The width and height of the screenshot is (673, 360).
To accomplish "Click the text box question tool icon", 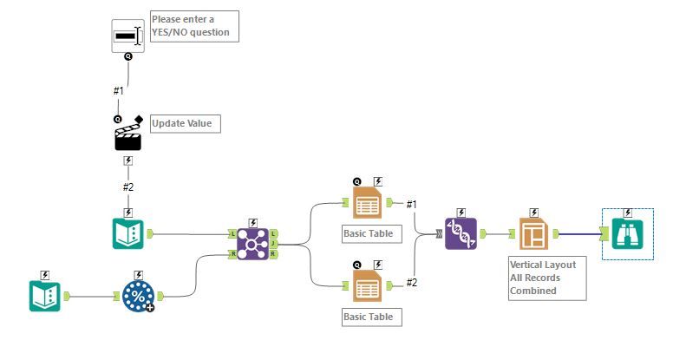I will (x=127, y=36).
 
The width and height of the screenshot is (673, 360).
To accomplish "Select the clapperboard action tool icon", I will (x=128, y=134).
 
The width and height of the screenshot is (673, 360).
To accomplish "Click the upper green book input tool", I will (x=128, y=233).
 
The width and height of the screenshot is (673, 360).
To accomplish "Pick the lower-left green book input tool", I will (x=45, y=296).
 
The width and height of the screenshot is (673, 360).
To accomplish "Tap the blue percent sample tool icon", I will (x=137, y=296).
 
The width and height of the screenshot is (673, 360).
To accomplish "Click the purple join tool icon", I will (x=253, y=244).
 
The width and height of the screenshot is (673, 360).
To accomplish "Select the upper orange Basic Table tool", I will (x=367, y=204).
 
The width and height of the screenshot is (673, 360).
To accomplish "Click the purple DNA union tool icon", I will (x=461, y=233).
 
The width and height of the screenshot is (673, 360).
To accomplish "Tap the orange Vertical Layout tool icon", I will (x=533, y=233).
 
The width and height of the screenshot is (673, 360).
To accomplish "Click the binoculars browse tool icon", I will (x=627, y=233).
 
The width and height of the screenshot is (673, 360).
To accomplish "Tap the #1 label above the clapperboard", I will (x=119, y=90).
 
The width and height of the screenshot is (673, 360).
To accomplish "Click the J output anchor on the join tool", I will (x=274, y=244).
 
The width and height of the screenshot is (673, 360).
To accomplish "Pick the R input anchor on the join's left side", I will (x=232, y=254).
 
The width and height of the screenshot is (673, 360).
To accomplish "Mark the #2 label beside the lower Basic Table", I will (x=413, y=283).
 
